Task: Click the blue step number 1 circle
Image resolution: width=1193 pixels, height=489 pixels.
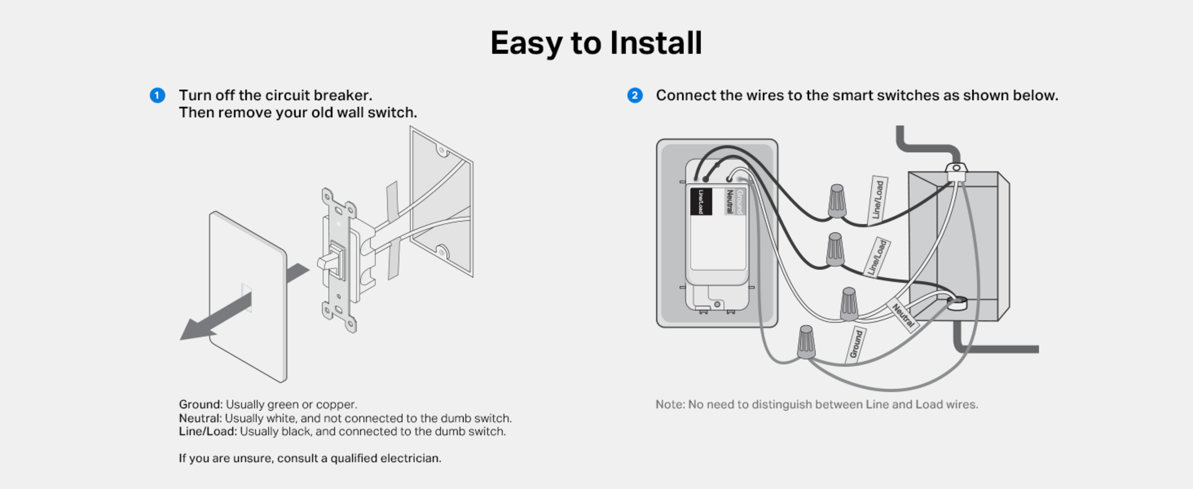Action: pyautogui.click(x=157, y=95)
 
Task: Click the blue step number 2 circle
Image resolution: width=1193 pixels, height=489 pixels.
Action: pyautogui.click(x=635, y=95)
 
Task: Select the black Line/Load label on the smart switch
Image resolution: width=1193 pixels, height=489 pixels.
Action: pyautogui.click(x=701, y=202)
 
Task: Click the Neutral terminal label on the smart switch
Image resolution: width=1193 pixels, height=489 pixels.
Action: pyautogui.click(x=729, y=201)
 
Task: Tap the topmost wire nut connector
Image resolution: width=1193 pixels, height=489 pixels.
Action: pyautogui.click(x=837, y=201)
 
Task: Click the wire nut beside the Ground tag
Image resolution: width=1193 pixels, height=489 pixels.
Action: pyautogui.click(x=806, y=342)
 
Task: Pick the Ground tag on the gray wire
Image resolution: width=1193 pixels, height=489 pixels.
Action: pyautogui.click(x=856, y=344)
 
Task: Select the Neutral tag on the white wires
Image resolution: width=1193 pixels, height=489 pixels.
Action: pyautogui.click(x=903, y=315)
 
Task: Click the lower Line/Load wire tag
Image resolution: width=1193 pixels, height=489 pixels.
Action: pyautogui.click(x=877, y=257)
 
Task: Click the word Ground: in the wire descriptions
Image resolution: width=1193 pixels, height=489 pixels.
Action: pyautogui.click(x=200, y=404)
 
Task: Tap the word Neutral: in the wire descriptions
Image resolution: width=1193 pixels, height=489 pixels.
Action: pyautogui.click(x=200, y=418)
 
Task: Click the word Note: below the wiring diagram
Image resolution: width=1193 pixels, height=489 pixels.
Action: pyautogui.click(x=670, y=404)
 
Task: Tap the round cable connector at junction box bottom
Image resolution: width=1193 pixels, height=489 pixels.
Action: pyautogui.click(x=957, y=303)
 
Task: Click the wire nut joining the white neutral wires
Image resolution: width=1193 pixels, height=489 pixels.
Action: pyautogui.click(x=849, y=304)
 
